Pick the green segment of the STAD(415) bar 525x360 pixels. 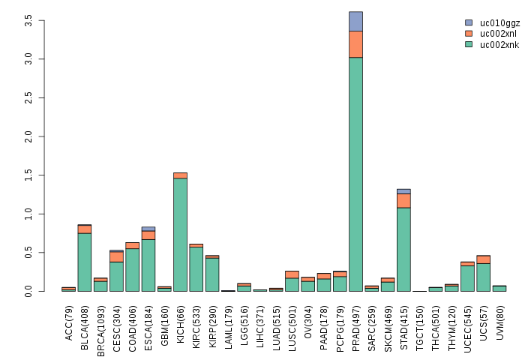click(x=403, y=250)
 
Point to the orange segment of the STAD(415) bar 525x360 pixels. click(x=403, y=201)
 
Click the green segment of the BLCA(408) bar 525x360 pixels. click(x=84, y=262)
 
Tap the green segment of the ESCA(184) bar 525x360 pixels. click(x=148, y=265)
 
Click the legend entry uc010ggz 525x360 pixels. click(x=499, y=23)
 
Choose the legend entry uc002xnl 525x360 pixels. click(x=499, y=34)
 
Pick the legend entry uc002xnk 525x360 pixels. click(x=499, y=45)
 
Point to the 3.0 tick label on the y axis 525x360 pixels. click(x=28, y=58)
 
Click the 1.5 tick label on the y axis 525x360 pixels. click(x=28, y=175)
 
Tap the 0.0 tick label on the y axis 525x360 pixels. click(x=28, y=292)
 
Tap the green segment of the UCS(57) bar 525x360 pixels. click(x=483, y=277)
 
